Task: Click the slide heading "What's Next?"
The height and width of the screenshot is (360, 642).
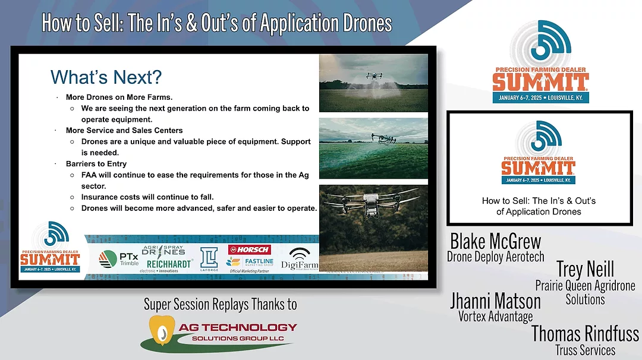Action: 106,77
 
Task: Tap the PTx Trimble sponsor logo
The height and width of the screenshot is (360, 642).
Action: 119,259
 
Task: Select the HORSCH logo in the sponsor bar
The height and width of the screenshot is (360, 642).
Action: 250,250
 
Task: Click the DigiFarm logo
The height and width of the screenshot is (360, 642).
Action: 304,260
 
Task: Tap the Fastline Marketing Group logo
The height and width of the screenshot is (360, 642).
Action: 250,262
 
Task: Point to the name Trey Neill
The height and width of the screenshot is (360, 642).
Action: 585,269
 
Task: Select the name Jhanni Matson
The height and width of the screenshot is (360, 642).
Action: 495,300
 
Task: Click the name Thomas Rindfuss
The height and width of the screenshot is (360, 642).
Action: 585,333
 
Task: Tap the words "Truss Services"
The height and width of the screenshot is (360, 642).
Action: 585,350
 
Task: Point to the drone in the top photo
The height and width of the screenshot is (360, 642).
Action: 374,75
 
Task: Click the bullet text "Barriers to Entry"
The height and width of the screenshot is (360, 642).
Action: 96,163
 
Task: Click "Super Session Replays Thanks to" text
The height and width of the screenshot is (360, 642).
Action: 220,304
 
